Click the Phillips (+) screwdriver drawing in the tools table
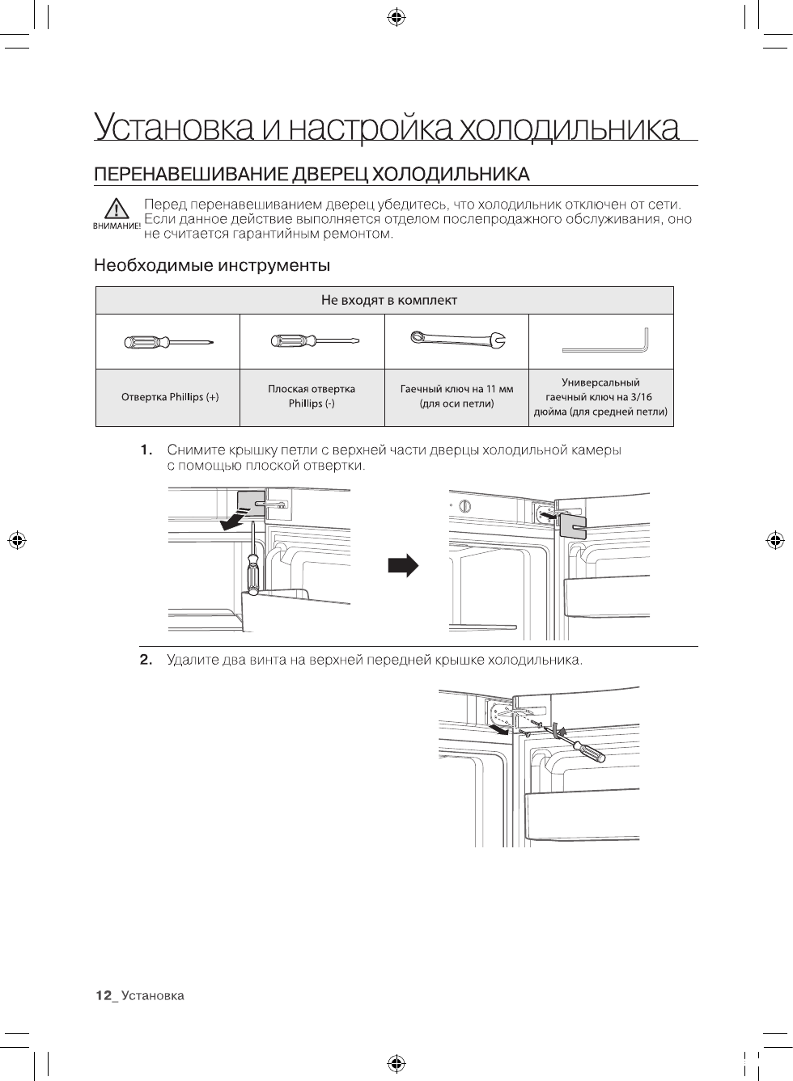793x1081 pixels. point(168,342)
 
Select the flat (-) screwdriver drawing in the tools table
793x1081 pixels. point(312,342)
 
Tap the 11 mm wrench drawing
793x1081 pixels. point(457,340)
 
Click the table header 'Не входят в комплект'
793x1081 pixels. point(388,301)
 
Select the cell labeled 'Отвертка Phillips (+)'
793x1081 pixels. point(169,397)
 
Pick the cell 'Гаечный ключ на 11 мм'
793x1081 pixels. point(456,396)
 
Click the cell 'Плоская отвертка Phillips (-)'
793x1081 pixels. point(312,396)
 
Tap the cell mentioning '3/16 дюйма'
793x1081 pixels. point(600,397)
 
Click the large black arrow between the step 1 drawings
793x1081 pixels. point(403,565)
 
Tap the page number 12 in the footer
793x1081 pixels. point(103,996)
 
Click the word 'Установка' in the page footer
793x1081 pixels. point(153,996)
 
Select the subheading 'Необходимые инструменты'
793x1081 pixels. point(212,265)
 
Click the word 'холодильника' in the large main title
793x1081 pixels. point(569,129)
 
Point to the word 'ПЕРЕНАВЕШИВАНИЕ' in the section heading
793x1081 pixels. point(191,175)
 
